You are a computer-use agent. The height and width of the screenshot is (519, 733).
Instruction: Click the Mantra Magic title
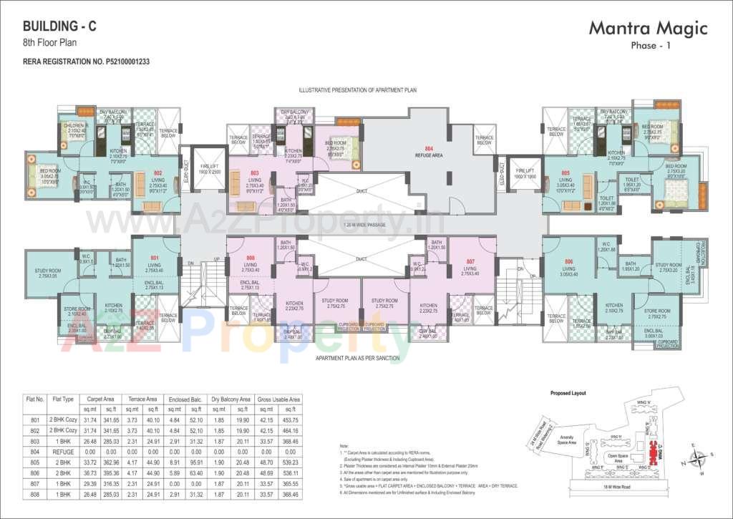[x=648, y=28]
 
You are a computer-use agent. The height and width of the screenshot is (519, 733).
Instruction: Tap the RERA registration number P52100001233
[x=86, y=62]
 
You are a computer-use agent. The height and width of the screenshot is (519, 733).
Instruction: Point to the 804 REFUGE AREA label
[x=429, y=151]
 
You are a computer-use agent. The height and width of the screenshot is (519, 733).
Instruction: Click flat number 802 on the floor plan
[x=157, y=173]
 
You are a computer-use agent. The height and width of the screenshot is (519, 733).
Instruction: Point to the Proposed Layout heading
[x=568, y=393]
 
